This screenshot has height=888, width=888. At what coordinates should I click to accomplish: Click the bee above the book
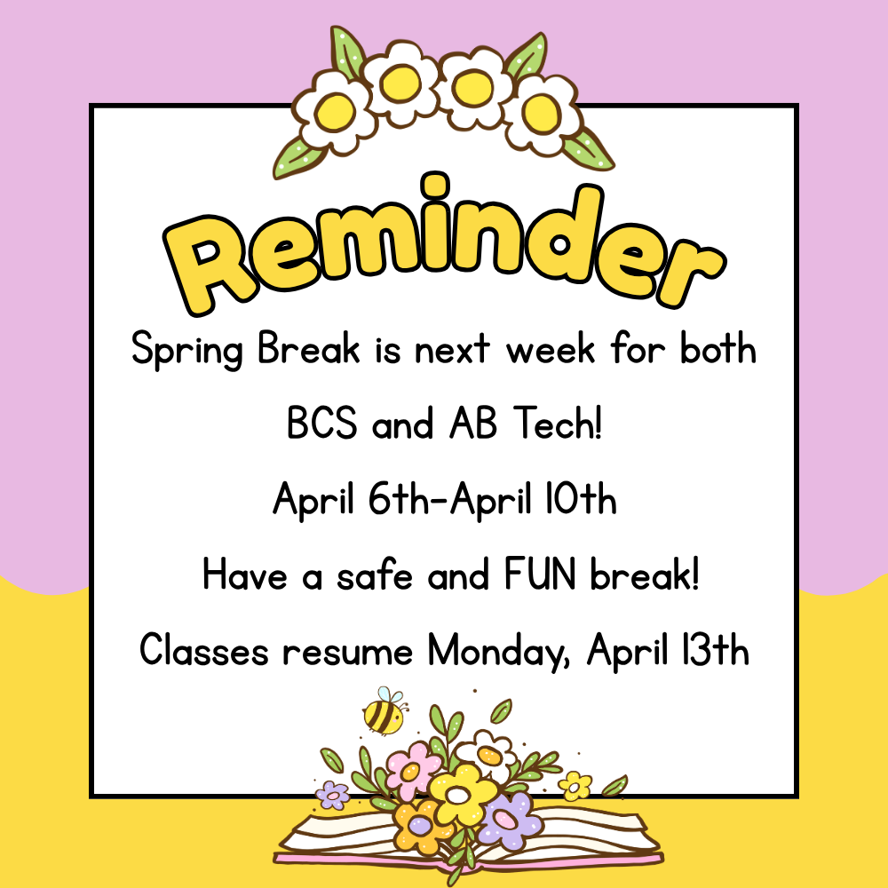coord(383,712)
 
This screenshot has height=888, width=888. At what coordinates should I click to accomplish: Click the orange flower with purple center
coord(417,825)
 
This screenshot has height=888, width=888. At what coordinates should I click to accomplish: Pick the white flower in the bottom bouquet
coord(488,753)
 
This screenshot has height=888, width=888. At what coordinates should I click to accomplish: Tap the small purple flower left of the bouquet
coord(333,794)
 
